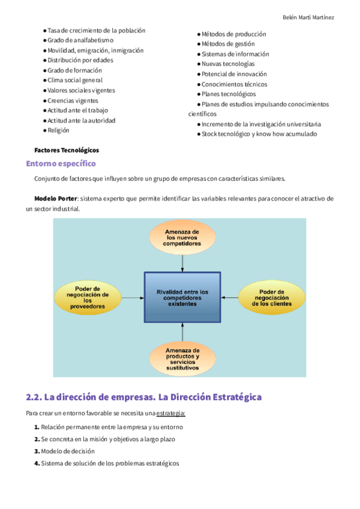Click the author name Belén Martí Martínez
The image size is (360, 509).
pos(308,17)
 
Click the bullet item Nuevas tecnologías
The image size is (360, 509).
pos(228,64)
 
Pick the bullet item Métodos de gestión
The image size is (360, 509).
pos(228,44)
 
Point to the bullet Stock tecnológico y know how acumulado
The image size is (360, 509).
pos(259,134)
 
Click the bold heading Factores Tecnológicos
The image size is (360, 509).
pos(67,150)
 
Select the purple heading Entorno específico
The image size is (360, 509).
pos(61,163)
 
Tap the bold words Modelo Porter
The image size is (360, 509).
pos(56,199)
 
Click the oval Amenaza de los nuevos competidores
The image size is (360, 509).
pos(182,237)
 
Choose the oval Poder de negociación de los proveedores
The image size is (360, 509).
pos(88,297)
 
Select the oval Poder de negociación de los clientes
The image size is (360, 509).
pos(272,297)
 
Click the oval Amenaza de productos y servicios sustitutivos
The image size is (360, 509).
pos(182,359)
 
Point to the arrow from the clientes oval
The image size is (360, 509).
pos(230,297)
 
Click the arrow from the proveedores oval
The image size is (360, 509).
pos(133,297)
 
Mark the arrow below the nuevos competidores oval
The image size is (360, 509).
pos(182,262)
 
